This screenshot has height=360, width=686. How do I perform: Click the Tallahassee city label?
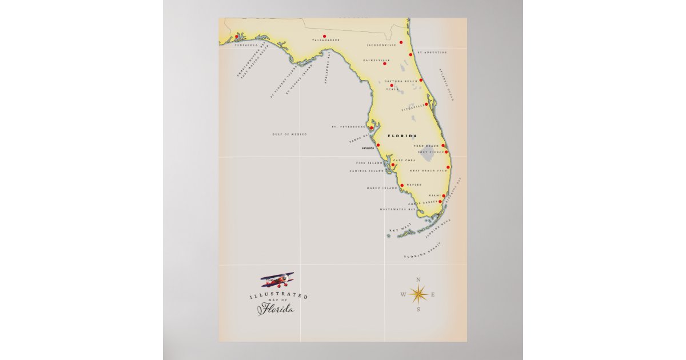(x=326, y=41)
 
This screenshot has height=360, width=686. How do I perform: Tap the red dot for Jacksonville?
(x=401, y=42)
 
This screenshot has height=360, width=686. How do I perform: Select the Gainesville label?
(x=376, y=60)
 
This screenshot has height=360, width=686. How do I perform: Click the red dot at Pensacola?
(x=236, y=37)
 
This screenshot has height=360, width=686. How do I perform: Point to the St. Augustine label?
(x=432, y=52)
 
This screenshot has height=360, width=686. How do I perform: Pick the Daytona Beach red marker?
(x=421, y=80)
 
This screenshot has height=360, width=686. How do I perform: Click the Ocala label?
(x=392, y=90)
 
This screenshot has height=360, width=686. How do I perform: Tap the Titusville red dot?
(x=426, y=104)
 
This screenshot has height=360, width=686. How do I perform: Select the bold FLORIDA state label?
(x=402, y=136)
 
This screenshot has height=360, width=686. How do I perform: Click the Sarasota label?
(x=368, y=148)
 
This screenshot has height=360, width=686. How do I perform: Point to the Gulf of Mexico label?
(x=290, y=134)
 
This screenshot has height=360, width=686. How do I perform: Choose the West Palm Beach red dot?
(x=448, y=167)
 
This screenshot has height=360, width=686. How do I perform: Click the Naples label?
(x=414, y=185)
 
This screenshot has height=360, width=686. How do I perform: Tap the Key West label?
(x=400, y=230)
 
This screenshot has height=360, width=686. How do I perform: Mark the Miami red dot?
(x=444, y=196)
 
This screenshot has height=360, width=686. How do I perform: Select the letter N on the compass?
(x=418, y=279)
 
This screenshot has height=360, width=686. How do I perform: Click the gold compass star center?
(x=418, y=294)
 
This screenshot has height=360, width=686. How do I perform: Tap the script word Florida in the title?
(x=276, y=309)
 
